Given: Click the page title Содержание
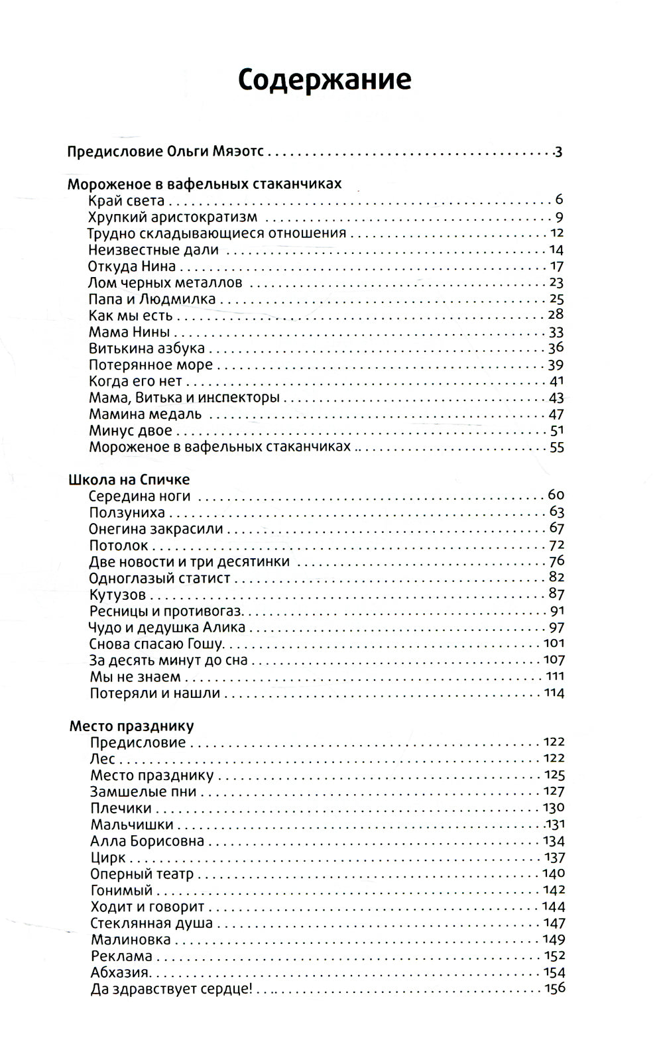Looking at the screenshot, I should coord(324,80).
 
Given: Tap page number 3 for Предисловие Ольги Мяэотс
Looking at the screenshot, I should coord(558,152).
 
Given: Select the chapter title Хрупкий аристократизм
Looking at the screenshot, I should coord(172,217).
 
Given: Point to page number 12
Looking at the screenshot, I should coord(556,233).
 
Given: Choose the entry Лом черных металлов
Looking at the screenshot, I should coord(165,283).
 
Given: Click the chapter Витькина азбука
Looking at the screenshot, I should coord(147,348).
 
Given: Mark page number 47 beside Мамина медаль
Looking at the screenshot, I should coord(556,414).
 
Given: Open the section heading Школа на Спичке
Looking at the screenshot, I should coord(129,479).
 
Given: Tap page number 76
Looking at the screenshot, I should coord(556,561).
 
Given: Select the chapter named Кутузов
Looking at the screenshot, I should coord(117,595).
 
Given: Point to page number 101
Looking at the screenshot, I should coord(554,643).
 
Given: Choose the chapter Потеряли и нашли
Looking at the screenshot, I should coord(154,693).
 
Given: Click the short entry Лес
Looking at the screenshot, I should coord(103,759).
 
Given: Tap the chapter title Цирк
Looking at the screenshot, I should coord(107,858).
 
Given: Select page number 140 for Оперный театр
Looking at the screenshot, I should coord(553,874).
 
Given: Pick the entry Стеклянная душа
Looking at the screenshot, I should coord(151,923).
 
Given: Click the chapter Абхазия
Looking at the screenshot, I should coord(120,973).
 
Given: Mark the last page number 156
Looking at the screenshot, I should coord(554,989).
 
